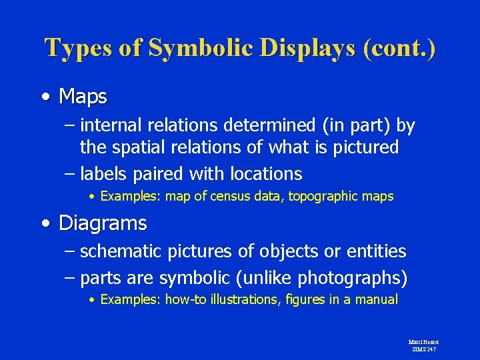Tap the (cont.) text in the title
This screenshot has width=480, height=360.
(399, 49)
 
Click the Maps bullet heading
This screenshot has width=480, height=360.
(83, 97)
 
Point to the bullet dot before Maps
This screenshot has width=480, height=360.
(44, 97)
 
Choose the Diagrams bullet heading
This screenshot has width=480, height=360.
(103, 223)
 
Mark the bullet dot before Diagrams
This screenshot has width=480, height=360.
(44, 223)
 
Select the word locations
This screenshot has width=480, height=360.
(266, 174)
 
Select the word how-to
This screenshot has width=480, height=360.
(186, 300)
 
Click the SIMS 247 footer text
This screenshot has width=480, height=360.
(423, 349)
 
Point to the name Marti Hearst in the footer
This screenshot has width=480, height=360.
(423, 342)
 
